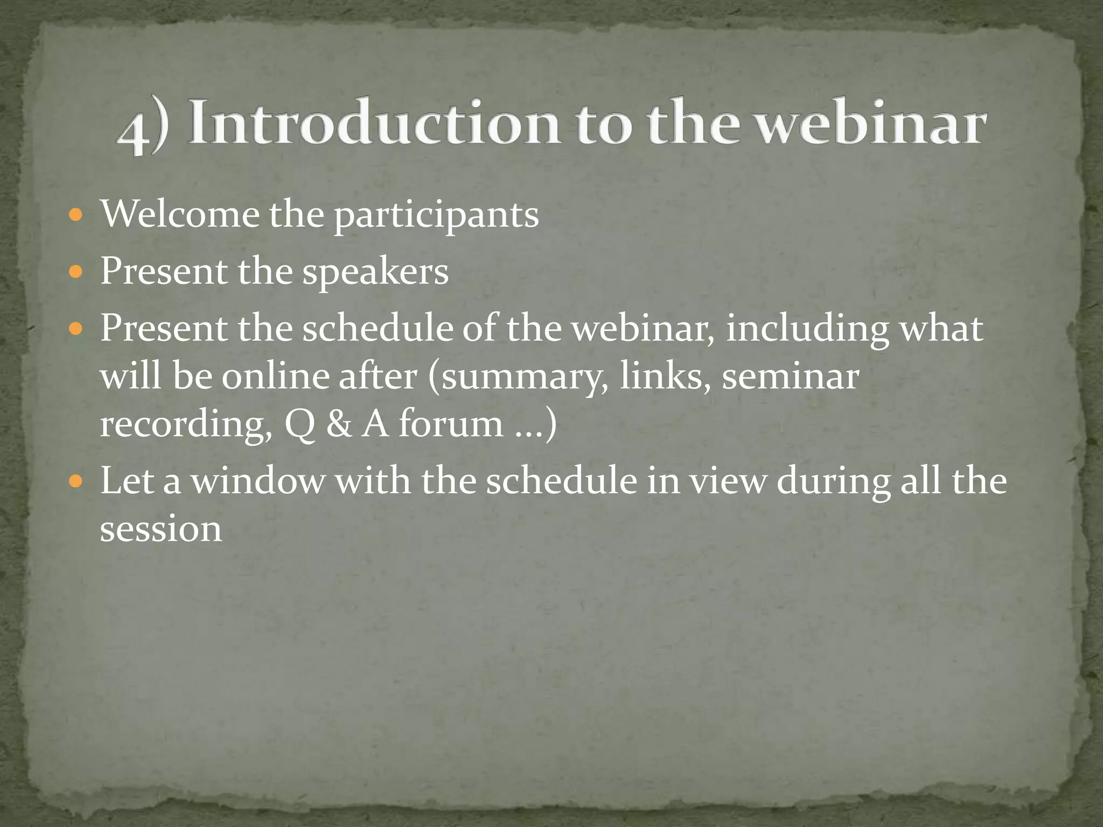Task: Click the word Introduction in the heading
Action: [x=374, y=123]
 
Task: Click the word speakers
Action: [x=375, y=272]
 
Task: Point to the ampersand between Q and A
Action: [x=339, y=423]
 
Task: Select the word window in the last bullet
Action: [x=258, y=480]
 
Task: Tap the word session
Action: [x=160, y=529]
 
